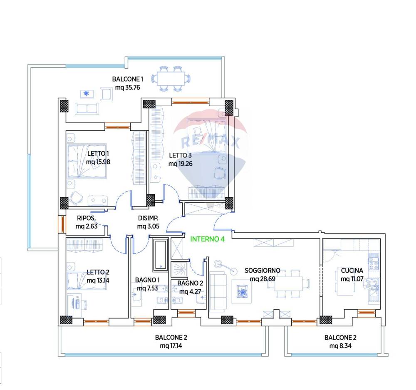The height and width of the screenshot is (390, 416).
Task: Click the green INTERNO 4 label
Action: point(207,239)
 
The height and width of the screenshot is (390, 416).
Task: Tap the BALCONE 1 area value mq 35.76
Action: point(127,87)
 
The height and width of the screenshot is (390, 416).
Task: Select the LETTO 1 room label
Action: point(98,154)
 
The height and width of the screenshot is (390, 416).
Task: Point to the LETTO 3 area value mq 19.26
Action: point(181,164)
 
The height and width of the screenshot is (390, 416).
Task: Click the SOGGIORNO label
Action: point(262,271)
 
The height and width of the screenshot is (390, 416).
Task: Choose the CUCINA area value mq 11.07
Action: point(352,279)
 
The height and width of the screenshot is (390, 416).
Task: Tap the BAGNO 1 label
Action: point(147,280)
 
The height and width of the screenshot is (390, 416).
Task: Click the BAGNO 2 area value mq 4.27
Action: point(190,291)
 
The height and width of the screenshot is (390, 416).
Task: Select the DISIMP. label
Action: point(148,218)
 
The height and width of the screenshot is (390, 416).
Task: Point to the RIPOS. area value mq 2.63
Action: point(87,226)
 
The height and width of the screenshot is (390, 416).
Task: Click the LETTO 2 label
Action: point(98,272)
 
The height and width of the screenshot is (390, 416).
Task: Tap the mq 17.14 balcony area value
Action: point(171,345)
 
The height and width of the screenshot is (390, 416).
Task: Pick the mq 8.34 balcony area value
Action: point(340,345)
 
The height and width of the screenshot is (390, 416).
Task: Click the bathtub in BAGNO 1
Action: point(161,255)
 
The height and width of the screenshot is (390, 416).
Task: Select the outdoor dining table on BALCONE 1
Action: point(171,79)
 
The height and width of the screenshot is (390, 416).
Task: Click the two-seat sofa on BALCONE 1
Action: point(87,109)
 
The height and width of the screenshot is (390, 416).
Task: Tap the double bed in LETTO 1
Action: point(87,161)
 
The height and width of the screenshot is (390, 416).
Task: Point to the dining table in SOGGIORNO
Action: point(288,283)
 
